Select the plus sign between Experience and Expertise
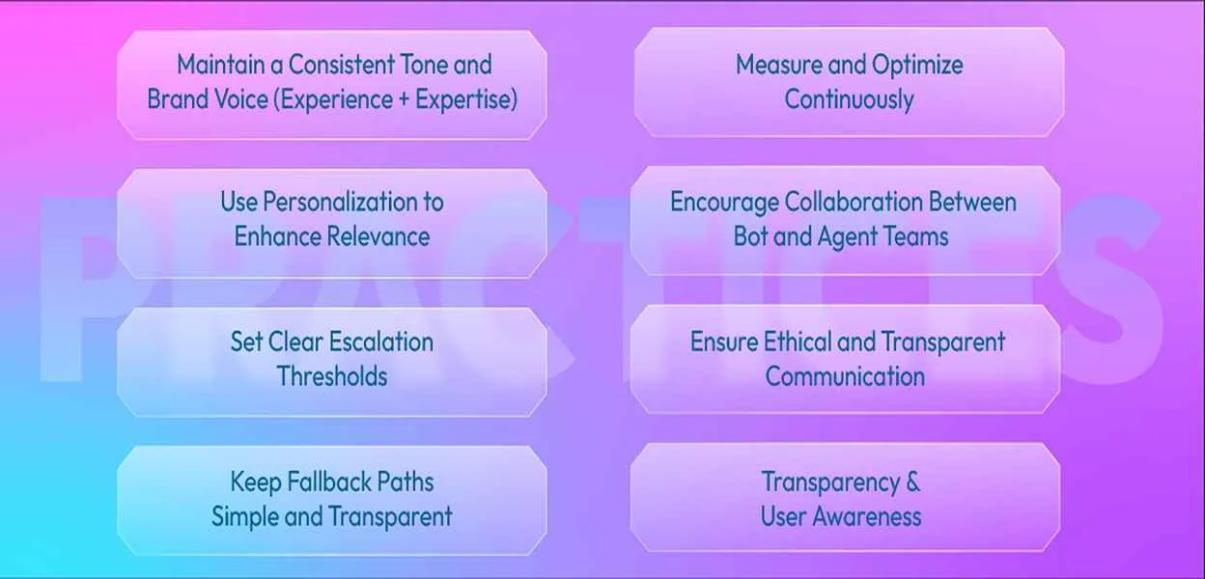[403, 100]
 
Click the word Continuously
[849, 99]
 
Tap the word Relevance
[380, 236]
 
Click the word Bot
[750, 236]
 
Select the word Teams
[912, 236]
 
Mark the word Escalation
[381, 342]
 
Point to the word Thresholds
[332, 376]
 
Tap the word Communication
[845, 376]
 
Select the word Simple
[245, 516]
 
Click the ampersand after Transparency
[912, 482]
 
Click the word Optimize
[917, 66]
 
